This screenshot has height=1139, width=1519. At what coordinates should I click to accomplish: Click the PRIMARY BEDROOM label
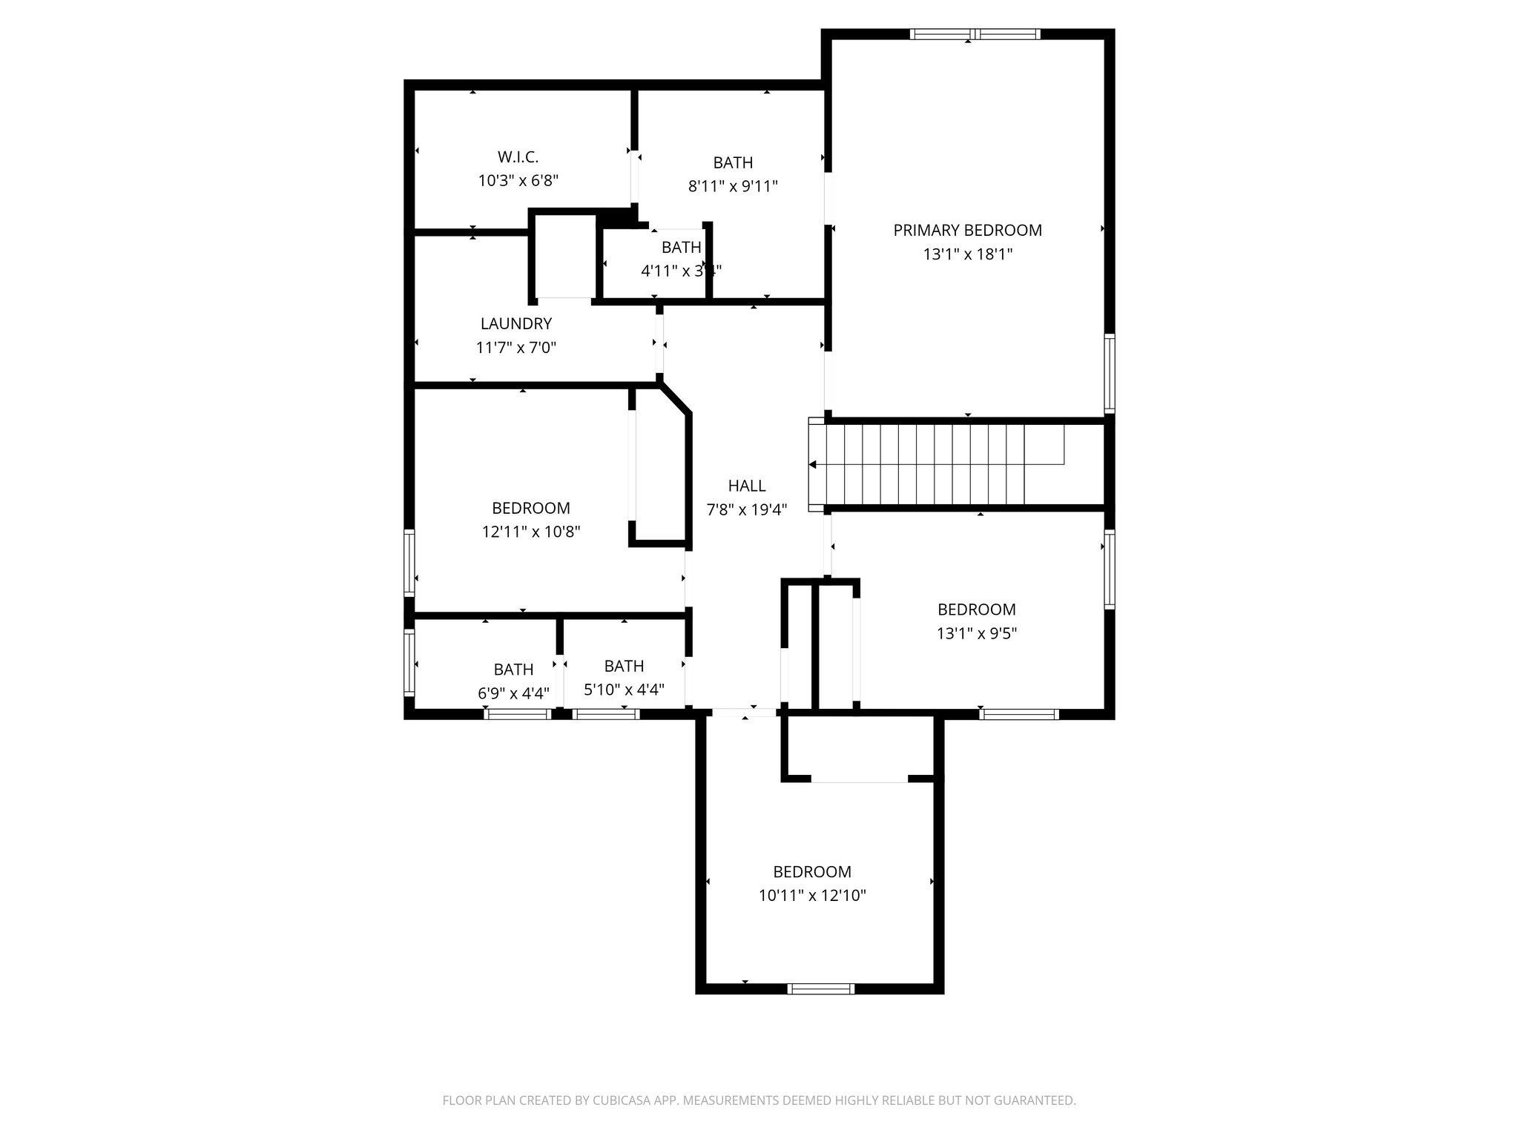point(967,231)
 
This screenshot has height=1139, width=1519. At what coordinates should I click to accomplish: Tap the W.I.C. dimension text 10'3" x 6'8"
point(518,180)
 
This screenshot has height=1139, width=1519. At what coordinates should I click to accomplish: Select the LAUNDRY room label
point(515,323)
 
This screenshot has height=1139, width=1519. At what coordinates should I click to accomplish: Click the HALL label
point(746,486)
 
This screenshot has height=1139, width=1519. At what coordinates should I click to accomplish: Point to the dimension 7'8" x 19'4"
point(746,509)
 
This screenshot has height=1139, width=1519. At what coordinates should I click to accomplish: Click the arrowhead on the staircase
point(813,465)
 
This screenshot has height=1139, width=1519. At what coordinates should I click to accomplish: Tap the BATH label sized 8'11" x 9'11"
point(733,162)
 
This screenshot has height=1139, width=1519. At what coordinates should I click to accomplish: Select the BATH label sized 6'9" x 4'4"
point(513,670)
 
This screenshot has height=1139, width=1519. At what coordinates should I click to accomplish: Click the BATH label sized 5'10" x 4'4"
point(624,666)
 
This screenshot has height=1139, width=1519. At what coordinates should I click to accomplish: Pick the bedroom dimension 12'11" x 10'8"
point(531,532)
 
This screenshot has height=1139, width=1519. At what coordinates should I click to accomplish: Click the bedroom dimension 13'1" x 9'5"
point(976,633)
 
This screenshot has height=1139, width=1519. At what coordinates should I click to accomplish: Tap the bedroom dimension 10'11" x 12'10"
point(812,896)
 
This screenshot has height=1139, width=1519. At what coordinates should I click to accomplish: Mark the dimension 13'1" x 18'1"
point(967,254)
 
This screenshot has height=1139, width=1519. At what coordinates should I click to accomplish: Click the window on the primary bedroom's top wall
point(975,34)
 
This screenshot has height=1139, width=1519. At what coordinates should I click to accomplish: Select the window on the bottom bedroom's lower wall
point(820,988)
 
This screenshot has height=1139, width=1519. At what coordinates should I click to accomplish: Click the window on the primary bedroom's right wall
point(1110,373)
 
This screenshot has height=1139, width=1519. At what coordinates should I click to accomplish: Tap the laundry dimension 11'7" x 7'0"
point(515,347)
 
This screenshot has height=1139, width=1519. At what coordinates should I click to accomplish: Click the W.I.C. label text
point(518,157)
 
